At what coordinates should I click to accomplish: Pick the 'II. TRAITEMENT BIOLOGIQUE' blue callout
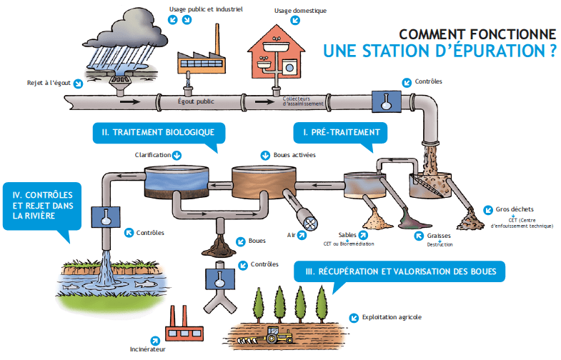158,132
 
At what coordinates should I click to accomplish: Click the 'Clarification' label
153,154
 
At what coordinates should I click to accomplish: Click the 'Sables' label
348,234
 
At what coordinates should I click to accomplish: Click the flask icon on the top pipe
387,101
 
